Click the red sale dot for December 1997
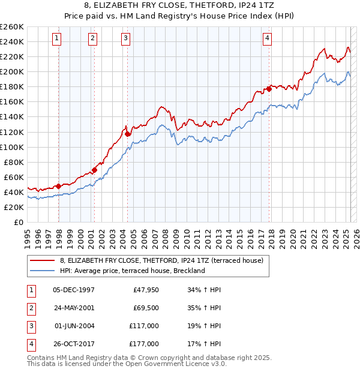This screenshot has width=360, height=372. [x=58, y=186]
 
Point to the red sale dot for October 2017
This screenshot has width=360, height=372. [x=269, y=88]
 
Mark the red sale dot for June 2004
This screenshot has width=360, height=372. [x=128, y=134]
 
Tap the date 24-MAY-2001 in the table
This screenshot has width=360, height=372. [x=74, y=308]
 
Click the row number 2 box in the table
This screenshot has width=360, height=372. [x=31, y=308]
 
